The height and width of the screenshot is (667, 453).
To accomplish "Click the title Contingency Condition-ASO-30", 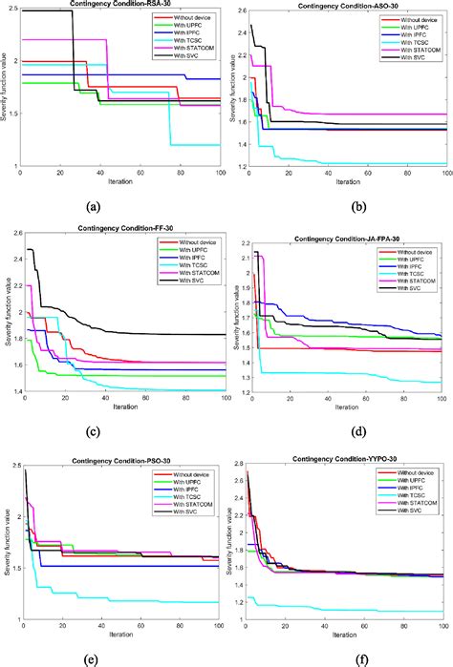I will [347, 6].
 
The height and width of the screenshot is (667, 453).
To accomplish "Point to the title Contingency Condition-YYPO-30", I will [347, 454].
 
